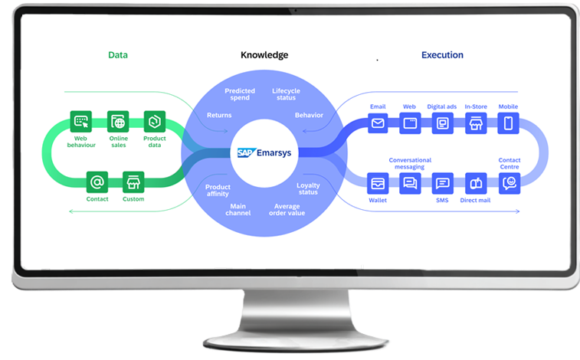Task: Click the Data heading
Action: tap(118, 55)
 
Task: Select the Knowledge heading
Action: tap(264, 55)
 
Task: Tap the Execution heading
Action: tap(442, 55)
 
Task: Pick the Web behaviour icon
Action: tap(81, 121)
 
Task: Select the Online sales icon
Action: tap(118, 121)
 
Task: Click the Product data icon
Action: tap(155, 121)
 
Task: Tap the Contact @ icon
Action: tap(97, 182)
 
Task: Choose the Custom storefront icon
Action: tap(134, 182)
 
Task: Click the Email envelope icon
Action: tap(378, 123)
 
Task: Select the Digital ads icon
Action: tap(442, 123)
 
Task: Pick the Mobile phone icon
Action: tap(509, 123)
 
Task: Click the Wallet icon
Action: tap(378, 184)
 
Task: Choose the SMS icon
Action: tap(442, 184)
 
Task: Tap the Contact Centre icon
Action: tap(510, 183)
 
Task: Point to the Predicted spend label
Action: tap(240, 96)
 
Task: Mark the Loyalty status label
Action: tap(308, 188)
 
